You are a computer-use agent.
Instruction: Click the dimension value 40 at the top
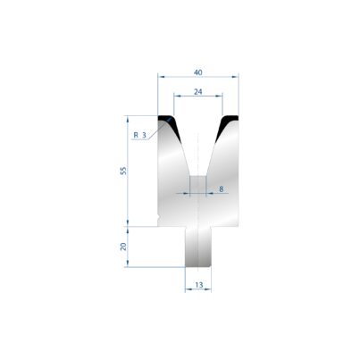198,72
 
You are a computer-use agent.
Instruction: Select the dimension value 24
198,92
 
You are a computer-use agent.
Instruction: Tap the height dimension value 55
123,171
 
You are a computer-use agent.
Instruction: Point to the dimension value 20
123,247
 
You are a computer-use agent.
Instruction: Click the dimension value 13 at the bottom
199,285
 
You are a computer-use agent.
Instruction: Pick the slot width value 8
221,188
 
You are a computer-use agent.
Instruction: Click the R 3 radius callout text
140,135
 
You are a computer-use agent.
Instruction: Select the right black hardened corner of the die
227,124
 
